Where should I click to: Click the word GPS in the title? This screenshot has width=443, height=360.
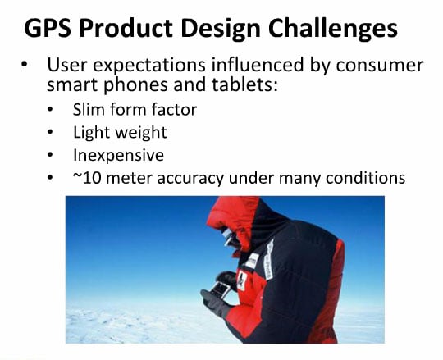48,28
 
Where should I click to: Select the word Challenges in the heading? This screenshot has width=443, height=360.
333,28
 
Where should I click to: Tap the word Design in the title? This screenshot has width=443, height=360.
221,30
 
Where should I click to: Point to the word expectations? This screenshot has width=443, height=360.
149,66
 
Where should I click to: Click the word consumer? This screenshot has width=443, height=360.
380,66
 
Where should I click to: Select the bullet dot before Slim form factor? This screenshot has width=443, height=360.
50,109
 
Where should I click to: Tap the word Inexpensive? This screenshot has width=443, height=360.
119,155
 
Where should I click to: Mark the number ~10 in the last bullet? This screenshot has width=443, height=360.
87,178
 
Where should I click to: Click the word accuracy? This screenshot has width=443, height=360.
190,179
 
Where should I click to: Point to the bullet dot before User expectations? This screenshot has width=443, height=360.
25,65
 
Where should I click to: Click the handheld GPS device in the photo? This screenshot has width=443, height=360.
221,289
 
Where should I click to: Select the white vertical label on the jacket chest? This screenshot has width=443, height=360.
269,260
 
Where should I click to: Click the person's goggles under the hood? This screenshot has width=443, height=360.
228,237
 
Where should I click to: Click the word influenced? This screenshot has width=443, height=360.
258,65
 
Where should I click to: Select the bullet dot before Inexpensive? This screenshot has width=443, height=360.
50,155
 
